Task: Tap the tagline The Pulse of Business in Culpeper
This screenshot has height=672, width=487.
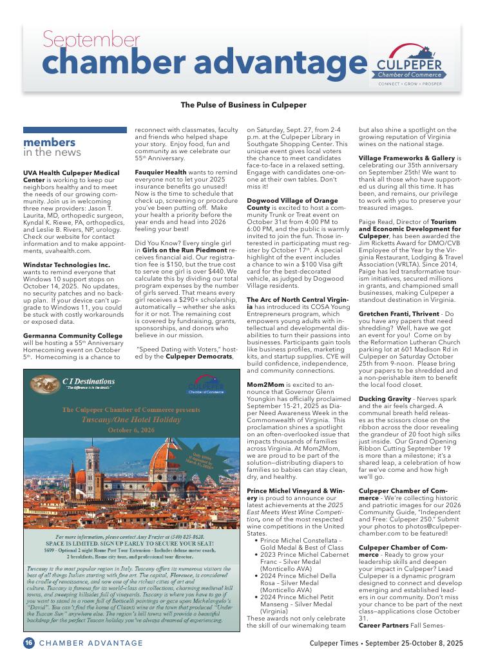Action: pyautogui.click(x=243, y=104)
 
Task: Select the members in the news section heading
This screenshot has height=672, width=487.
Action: pyautogui.click(x=52, y=147)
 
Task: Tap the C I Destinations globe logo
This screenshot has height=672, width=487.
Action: pyautogui.click(x=43, y=384)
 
